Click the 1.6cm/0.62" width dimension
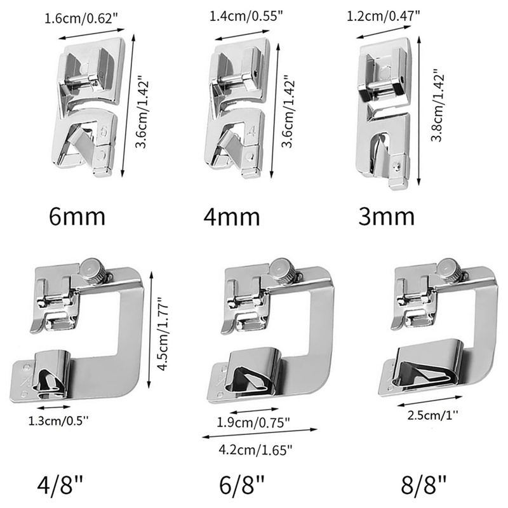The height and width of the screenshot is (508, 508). (x=83, y=19)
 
